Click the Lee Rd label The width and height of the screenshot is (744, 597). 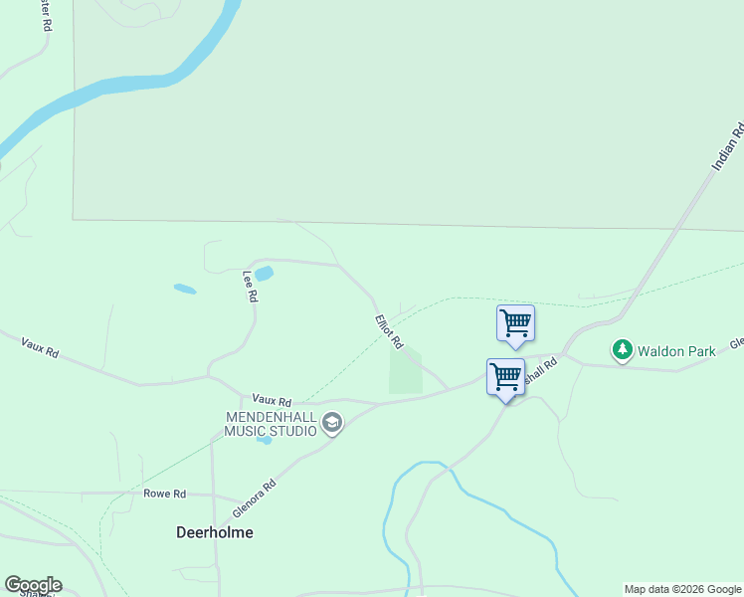click(x=251, y=286)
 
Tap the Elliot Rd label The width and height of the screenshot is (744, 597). click(x=389, y=331)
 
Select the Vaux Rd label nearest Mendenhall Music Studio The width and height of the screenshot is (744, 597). click(x=272, y=397)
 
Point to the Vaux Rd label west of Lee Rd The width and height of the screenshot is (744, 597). click(x=41, y=347)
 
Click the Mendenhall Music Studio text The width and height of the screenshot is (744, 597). click(x=271, y=423)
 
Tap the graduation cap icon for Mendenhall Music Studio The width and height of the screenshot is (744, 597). click(x=332, y=425)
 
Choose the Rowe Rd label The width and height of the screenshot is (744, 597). click(x=165, y=494)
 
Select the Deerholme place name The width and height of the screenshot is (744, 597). click(x=215, y=532)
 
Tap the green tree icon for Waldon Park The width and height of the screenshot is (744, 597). click(x=623, y=350)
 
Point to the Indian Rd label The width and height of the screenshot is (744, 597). click(x=728, y=147)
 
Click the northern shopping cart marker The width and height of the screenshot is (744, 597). click(x=515, y=322)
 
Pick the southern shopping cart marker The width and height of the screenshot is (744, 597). click(x=505, y=377)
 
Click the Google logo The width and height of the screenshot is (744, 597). click(x=33, y=585)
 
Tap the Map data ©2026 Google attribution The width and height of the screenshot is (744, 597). click(x=682, y=589)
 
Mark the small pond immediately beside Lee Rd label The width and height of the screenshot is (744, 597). click(x=264, y=273)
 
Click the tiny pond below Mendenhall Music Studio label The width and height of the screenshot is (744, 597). click(x=263, y=440)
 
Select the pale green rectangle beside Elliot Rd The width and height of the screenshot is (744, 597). click(x=405, y=371)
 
